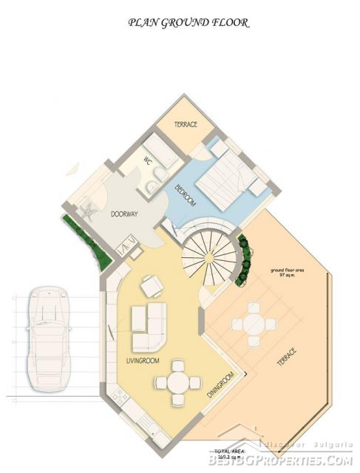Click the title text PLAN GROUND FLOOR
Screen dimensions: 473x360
tap(189, 23)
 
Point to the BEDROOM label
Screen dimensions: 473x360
tap(185, 196)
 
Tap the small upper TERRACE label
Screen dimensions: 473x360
tap(186, 125)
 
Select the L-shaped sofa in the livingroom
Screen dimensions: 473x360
tap(149, 326)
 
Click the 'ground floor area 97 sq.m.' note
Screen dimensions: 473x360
tap(288, 274)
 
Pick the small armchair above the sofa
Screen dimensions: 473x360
tap(151, 284)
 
